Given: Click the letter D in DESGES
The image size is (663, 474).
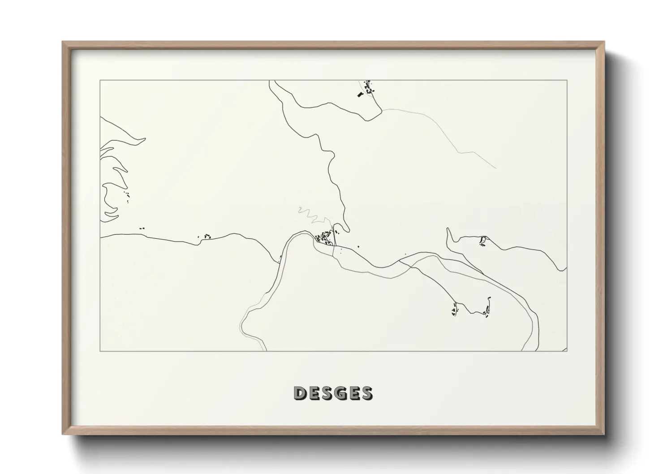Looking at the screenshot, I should tap(300, 393).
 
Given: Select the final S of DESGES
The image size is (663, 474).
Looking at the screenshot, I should tap(366, 393).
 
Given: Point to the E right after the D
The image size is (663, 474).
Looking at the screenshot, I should tap(312, 393).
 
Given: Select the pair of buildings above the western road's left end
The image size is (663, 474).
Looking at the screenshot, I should tap(142, 228).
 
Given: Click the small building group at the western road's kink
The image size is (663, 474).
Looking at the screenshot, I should tap(207, 236).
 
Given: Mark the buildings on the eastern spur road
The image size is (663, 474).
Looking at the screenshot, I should tap(482, 241).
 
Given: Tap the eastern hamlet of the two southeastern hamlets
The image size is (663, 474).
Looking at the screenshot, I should tap(487, 308).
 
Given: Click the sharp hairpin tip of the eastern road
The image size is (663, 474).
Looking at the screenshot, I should tap(448, 229).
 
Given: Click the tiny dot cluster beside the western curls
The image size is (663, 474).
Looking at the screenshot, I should tap(128, 195).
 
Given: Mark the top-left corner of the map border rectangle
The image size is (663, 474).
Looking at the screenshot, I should tap(100, 80).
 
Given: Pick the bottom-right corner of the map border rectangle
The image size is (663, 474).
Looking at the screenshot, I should tap(567, 351).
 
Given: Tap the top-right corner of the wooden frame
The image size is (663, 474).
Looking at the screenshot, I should tap(605, 42).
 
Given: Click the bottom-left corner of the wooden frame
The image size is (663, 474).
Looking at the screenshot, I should tap(62, 435).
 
